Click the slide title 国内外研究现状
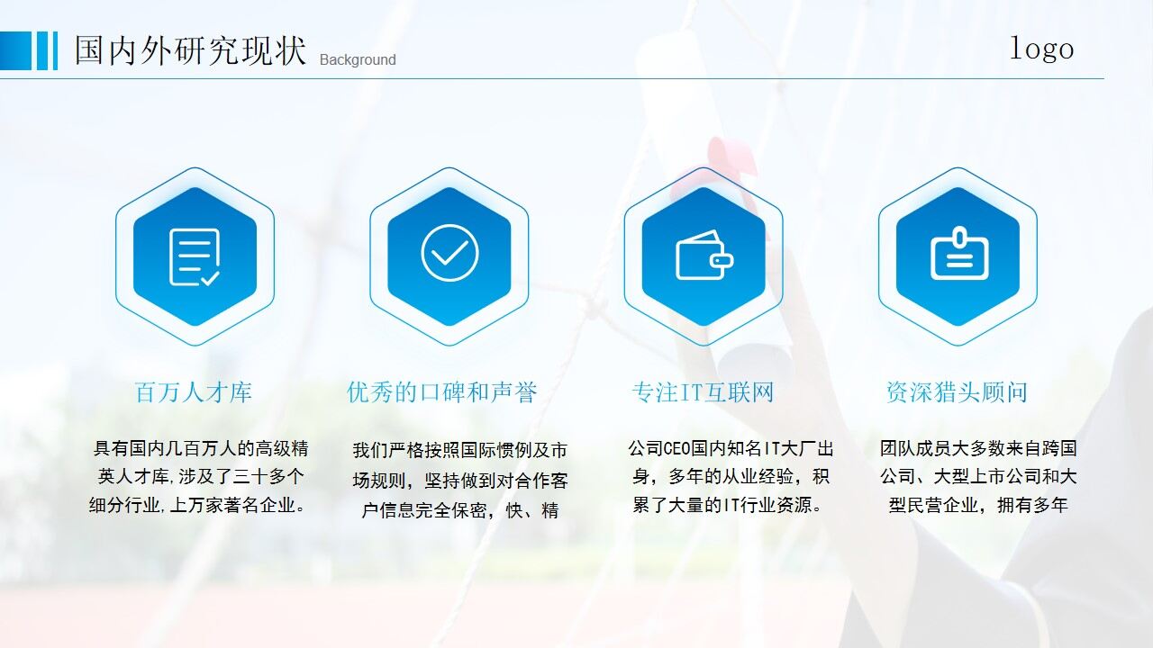coord(190,50)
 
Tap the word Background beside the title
coord(358,60)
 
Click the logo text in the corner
coord(1041,48)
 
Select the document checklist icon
coord(195,256)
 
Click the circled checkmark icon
coord(449,253)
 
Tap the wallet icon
coord(704,256)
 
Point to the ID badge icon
coord(958,254)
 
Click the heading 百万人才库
coord(194,392)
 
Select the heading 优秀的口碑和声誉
coord(442,392)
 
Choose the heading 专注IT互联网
coord(703,392)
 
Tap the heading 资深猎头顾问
coord(957,392)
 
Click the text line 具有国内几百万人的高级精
coord(201,448)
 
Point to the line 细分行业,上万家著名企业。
coord(197,505)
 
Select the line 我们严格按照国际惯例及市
coord(459,450)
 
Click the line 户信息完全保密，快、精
coord(459,510)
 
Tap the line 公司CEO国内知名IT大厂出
coord(731,448)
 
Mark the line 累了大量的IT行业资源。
coord(728,505)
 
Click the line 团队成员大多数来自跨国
coord(978,448)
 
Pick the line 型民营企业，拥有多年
coord(978,505)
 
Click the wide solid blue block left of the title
coord(15,50)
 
